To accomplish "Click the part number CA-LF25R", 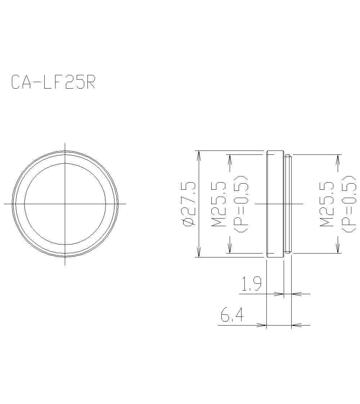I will pos(53,82).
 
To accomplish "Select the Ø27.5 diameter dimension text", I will pos(189,204).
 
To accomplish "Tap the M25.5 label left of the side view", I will pos(219,204).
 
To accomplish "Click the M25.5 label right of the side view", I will pos(327,204).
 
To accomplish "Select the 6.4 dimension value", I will pos(232,316).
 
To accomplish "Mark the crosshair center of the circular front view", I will pos(65,204).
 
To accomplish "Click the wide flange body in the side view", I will pos(275,204).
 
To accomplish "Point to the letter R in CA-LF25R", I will pos(90,82).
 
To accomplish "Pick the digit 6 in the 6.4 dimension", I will pos(225,316).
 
